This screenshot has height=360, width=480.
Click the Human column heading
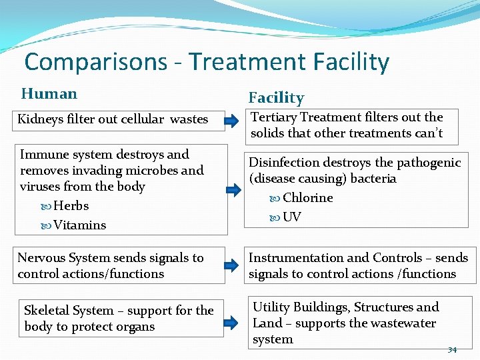pyautogui.click(x=49, y=94)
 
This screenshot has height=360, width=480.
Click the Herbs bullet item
pyautogui.click(x=71, y=206)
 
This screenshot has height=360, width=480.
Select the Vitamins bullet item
pyautogui.click(x=79, y=225)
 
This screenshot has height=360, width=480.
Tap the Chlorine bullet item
pyautogui.click(x=307, y=198)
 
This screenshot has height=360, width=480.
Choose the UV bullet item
pyautogui.click(x=291, y=217)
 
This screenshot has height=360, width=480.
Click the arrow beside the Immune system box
pyautogui.click(x=230, y=187)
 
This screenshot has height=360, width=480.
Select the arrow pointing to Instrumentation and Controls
pyautogui.click(x=230, y=265)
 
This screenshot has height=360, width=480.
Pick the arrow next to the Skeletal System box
pyautogui.click(x=230, y=323)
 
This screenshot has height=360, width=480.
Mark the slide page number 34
pyautogui.click(x=452, y=349)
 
